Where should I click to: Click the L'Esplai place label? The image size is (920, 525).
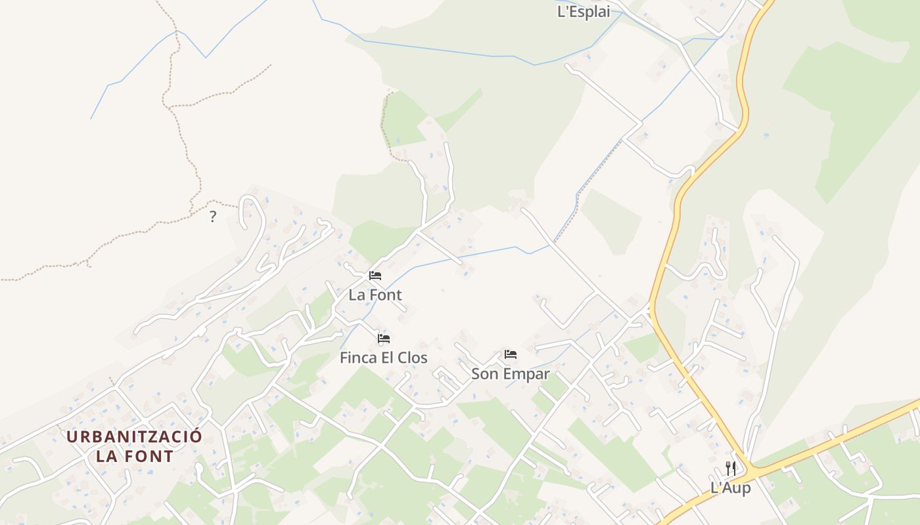click(584, 11)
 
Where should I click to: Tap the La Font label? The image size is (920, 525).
click(375, 295)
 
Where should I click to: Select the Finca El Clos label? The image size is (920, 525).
click(383, 358)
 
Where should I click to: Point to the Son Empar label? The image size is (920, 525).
click(510, 374)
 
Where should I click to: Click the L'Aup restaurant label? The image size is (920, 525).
click(730, 488)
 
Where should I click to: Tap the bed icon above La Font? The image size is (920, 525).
click(375, 276)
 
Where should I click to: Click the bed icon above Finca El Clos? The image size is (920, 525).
click(384, 339)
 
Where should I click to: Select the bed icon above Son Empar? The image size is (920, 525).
click(511, 354)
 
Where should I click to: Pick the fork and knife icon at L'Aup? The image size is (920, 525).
click(730, 468)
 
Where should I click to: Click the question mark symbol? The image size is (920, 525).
click(212, 217)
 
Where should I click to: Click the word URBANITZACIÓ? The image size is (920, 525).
click(134, 436)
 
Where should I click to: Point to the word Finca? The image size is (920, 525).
click(357, 358)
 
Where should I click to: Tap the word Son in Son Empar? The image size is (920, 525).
click(484, 374)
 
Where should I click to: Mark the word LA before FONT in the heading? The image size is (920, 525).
click(106, 456)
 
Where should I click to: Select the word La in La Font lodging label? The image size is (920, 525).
click(356, 295)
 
